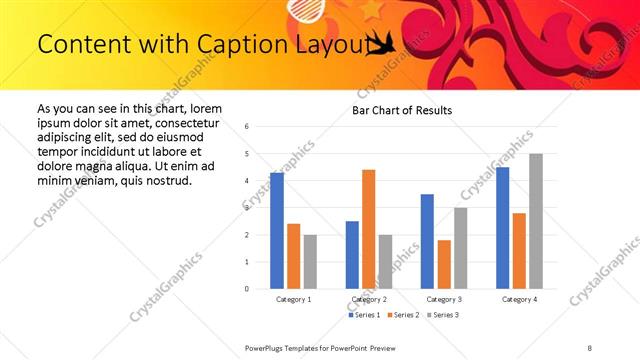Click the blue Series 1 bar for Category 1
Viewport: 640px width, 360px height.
click(x=277, y=231)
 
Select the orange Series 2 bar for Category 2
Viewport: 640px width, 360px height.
click(x=368, y=229)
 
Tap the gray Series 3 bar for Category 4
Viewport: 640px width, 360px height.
click(x=536, y=221)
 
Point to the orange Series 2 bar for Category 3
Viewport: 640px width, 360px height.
click(x=443, y=264)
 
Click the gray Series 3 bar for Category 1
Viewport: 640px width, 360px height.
click(x=310, y=261)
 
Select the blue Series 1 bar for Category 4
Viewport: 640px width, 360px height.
click(x=503, y=228)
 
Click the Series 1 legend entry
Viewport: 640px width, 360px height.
click(x=363, y=315)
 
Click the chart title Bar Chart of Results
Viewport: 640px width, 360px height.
click(x=402, y=110)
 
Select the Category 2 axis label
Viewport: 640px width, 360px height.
click(x=369, y=299)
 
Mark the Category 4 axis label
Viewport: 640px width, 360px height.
click(x=519, y=299)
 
